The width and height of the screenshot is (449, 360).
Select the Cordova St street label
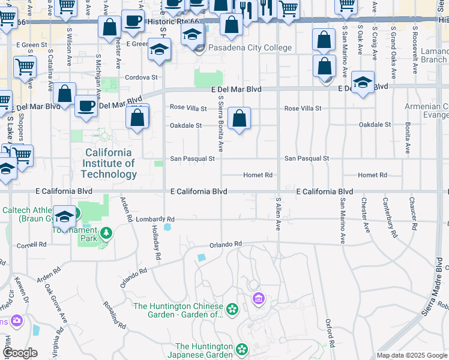click(141, 77)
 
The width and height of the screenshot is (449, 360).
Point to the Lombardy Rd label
click(154, 219)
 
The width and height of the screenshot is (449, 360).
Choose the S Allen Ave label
click(279, 214)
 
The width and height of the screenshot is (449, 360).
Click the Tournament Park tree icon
click(106, 233)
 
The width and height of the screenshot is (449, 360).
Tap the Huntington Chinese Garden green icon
click(232, 310)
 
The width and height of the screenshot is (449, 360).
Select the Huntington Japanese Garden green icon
click(242, 349)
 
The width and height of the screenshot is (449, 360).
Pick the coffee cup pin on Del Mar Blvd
click(86, 106)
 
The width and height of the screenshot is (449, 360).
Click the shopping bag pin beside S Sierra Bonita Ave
click(240, 118)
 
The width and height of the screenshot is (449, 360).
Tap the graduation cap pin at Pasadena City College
click(192, 34)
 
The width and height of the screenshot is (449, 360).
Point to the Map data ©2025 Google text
click(411, 355)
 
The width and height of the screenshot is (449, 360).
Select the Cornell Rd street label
click(31, 245)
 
